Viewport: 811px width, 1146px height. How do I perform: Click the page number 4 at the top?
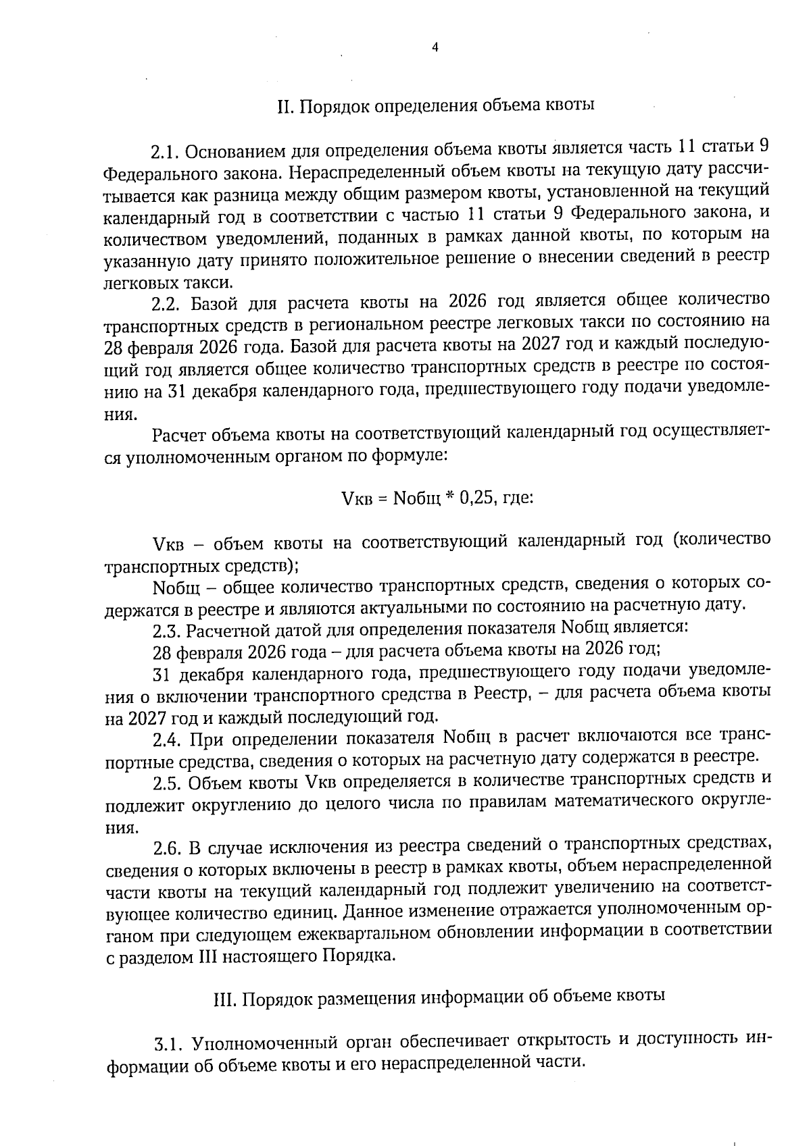(435, 47)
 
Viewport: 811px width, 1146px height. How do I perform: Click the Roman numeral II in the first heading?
(283, 106)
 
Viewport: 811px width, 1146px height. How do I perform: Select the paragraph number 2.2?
(167, 302)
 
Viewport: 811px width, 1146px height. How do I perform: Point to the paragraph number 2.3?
(166, 629)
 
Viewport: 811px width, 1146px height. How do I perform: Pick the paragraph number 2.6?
(167, 847)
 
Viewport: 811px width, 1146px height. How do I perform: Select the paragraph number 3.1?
(169, 1044)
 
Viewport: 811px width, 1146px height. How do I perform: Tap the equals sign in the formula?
(380, 499)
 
